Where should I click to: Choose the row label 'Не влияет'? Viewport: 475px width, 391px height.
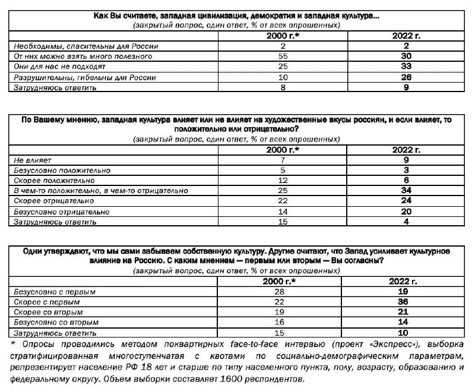[33, 160]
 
